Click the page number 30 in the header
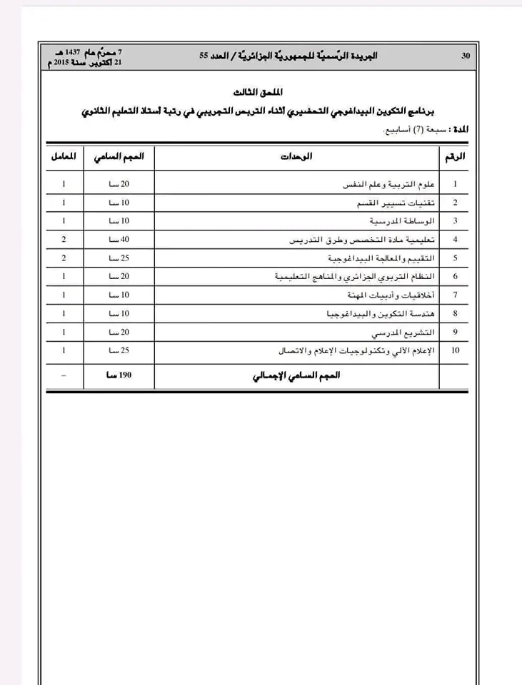(x=466, y=56)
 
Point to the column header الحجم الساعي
(x=119, y=156)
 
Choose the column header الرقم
(x=455, y=156)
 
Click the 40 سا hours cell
(x=119, y=240)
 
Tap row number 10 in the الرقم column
(x=455, y=350)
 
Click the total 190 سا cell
(x=119, y=376)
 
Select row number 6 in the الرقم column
(x=455, y=276)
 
